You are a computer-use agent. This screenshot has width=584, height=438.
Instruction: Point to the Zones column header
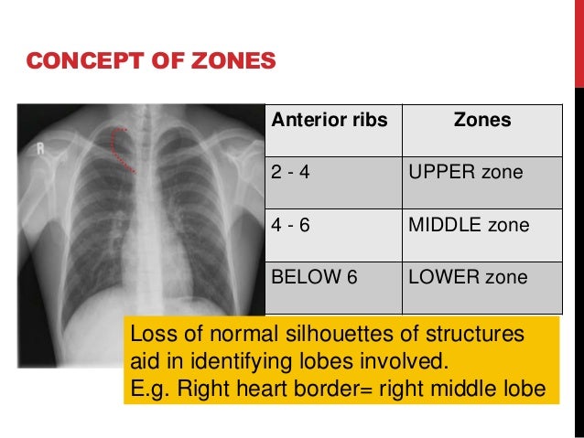(482, 120)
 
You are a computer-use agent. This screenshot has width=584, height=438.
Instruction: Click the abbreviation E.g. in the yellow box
(150, 390)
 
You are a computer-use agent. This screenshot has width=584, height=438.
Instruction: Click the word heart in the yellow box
(266, 390)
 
